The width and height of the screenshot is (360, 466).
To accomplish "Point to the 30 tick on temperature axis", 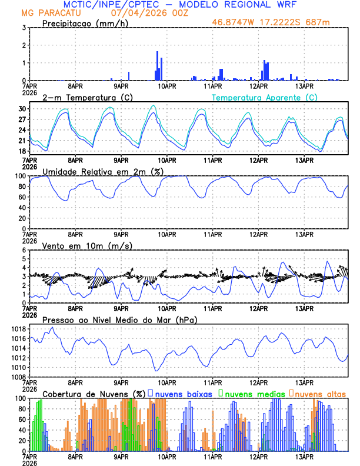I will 23,109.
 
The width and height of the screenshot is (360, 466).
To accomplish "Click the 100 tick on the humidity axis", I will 21,176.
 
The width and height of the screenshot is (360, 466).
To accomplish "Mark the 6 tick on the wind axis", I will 25,250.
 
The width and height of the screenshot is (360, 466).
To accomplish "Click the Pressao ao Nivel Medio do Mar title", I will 119,319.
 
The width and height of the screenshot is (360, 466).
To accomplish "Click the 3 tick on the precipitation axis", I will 25,28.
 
